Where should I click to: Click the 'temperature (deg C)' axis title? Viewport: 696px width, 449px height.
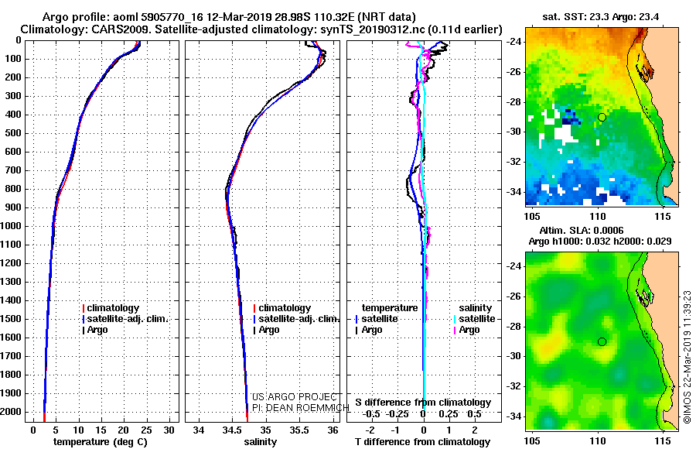point(101,442)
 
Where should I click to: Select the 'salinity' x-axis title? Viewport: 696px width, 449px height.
point(261,442)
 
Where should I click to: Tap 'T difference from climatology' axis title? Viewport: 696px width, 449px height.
point(422,442)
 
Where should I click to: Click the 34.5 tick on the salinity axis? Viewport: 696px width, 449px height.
point(233,430)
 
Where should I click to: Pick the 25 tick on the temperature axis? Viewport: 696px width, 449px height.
point(146,430)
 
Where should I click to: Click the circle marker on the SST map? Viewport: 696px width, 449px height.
point(602,118)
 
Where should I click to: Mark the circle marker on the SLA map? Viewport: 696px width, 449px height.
point(602,342)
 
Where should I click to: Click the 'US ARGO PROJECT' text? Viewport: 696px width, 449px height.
point(295,397)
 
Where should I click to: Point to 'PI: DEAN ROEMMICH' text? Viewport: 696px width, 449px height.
point(301,408)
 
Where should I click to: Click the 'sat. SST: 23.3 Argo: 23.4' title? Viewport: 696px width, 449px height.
point(601,17)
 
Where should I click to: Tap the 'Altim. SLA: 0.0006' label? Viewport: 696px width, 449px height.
point(582,231)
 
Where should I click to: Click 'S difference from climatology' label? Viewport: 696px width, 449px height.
point(423,403)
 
